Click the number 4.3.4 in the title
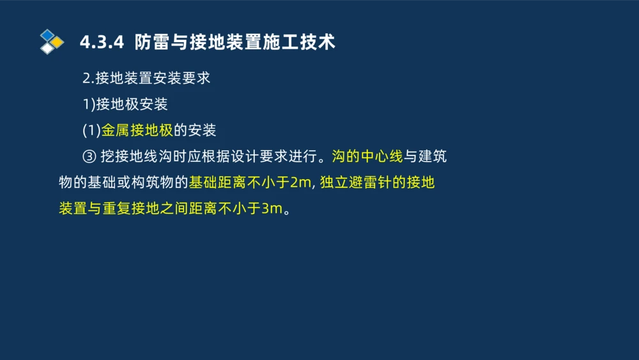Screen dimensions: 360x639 coord(101,42)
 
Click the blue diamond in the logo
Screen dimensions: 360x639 coord(47,35)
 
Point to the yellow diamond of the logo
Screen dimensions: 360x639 coord(58,42)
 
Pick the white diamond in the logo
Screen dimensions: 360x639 coord(47,49)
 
